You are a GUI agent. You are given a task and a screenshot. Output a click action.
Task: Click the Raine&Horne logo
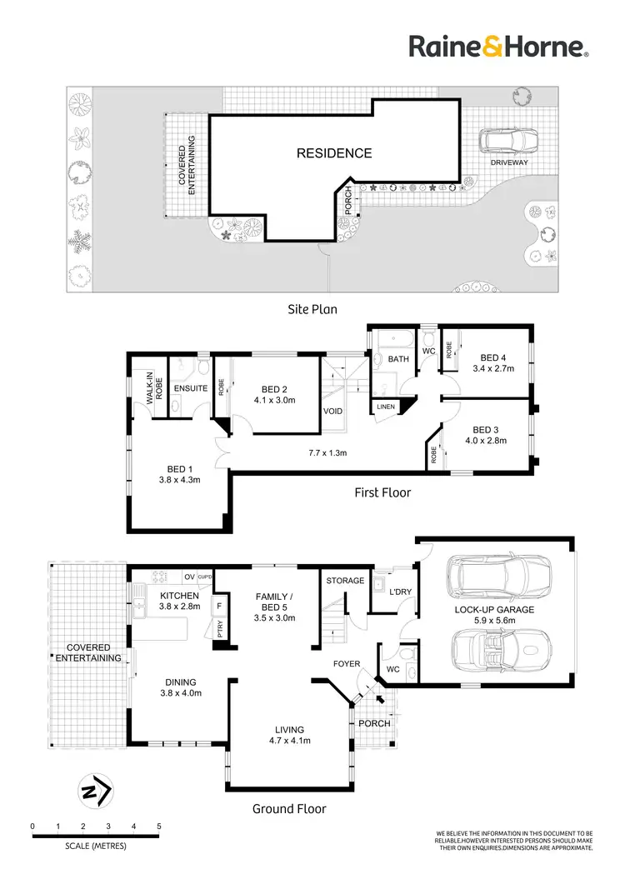point(498,47)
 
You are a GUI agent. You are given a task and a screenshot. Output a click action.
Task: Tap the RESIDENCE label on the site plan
point(334,153)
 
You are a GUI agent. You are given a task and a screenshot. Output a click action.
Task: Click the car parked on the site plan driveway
point(508,141)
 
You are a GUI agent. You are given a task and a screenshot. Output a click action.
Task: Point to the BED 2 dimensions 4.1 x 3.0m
point(274,400)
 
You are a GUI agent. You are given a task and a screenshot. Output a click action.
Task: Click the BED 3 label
point(490,430)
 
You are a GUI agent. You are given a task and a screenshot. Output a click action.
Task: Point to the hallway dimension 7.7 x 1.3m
point(327,454)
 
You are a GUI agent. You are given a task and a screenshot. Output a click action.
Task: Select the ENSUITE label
point(190,388)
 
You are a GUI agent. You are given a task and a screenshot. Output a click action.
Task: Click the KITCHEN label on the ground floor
point(180,596)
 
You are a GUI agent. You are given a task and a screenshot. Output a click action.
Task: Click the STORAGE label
point(345,581)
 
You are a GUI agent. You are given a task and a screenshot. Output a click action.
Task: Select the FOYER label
point(346,665)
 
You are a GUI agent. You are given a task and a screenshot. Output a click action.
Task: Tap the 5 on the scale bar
point(158,827)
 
